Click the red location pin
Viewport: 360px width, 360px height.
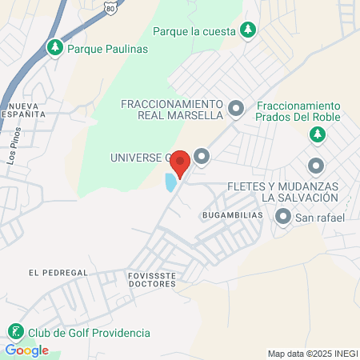180,162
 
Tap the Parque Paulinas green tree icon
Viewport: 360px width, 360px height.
55,48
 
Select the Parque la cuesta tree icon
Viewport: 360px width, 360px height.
249,31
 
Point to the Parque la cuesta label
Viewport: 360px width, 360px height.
195,32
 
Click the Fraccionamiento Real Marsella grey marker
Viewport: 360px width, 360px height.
235,107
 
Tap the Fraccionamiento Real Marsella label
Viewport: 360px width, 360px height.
171,109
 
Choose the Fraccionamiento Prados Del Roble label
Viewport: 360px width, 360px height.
298,111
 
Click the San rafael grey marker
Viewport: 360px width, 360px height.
282,216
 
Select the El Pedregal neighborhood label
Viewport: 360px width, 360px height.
57,272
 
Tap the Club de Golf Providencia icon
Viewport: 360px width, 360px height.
14,332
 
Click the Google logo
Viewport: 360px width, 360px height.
26,350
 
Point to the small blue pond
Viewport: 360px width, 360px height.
170,182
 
